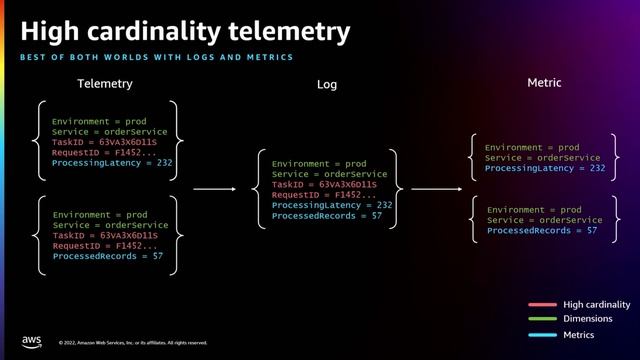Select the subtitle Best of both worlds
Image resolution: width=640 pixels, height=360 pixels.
click(156, 58)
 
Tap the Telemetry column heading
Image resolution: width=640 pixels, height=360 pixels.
click(105, 84)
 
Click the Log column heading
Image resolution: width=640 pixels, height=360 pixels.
click(327, 85)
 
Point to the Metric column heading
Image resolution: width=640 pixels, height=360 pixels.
click(544, 83)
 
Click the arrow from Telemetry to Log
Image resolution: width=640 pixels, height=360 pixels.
click(213, 188)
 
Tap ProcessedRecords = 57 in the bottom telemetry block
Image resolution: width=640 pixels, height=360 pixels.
click(108, 256)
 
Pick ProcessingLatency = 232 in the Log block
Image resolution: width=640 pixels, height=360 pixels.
click(332, 205)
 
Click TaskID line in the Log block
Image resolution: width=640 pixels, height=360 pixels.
click(324, 184)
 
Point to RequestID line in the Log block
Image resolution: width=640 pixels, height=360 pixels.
click(324, 195)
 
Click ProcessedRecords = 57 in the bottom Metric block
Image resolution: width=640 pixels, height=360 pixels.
click(542, 231)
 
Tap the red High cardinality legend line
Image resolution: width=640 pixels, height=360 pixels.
click(542, 304)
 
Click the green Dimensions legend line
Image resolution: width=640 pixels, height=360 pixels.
click(542, 319)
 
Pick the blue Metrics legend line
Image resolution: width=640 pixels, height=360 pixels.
click(542, 334)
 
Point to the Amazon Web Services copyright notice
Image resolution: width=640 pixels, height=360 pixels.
click(133, 342)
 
